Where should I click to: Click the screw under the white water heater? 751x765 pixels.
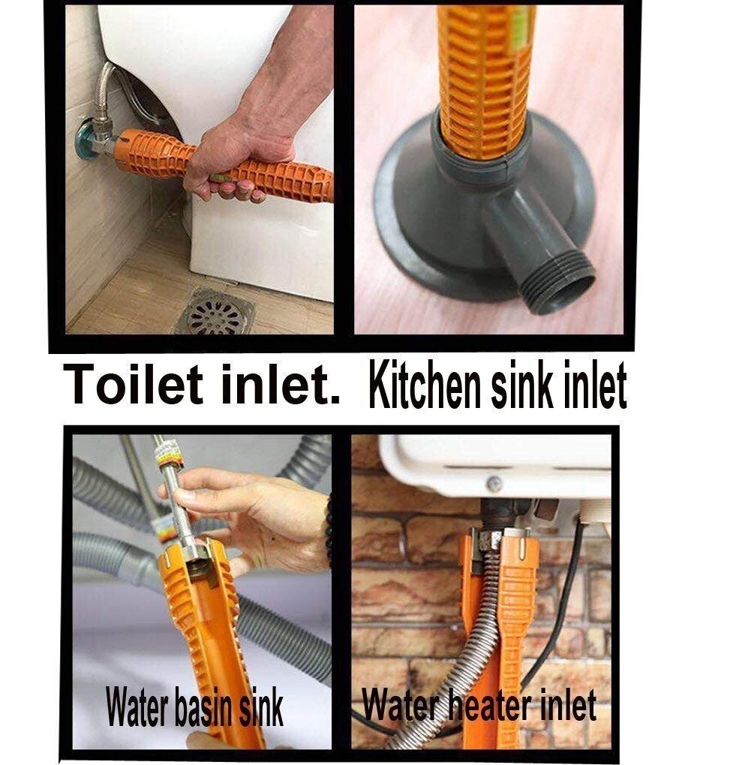click(x=494, y=484)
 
